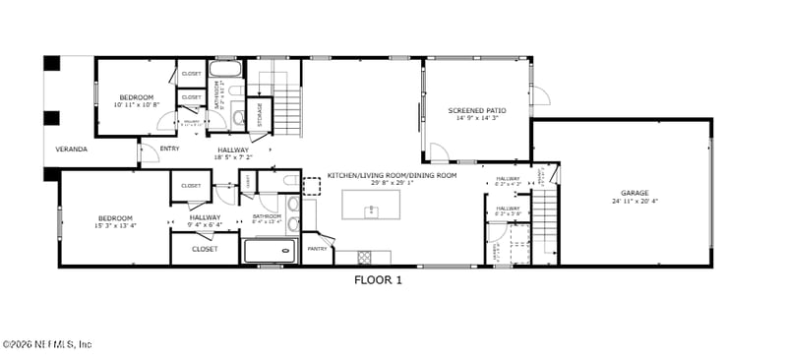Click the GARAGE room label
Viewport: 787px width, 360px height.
click(x=634, y=193)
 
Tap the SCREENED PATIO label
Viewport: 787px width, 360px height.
click(x=475, y=110)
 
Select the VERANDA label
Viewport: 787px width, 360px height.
click(x=71, y=150)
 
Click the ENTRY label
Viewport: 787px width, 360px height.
click(x=169, y=149)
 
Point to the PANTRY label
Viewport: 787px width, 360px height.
click(x=318, y=249)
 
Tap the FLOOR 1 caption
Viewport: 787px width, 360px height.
click(x=378, y=279)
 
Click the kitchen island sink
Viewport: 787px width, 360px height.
click(x=373, y=210)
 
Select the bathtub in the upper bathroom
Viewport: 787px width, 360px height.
click(x=226, y=74)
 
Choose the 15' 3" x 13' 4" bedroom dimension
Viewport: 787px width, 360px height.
click(x=115, y=226)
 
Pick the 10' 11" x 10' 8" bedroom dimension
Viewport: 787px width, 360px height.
click(x=136, y=104)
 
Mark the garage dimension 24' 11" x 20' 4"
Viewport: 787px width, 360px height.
click(x=634, y=202)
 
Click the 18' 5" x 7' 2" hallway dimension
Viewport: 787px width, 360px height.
click(x=233, y=157)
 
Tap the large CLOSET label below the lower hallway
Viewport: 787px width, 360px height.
click(x=205, y=249)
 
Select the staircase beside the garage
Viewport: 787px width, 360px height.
click(x=545, y=220)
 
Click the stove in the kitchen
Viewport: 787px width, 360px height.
click(x=363, y=258)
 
